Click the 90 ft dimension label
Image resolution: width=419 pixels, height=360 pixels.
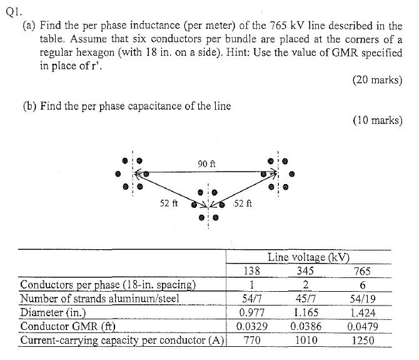pos(206,163)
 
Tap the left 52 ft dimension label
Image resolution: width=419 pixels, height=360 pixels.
pos(169,203)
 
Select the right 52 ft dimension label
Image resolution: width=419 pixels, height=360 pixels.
pos(243,203)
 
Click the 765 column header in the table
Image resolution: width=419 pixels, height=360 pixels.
pos(362,271)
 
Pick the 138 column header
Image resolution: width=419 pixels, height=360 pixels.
pos(252,271)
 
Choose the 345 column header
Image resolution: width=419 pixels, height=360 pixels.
pos(305,271)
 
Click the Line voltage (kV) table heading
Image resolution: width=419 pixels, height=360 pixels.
pos(309,257)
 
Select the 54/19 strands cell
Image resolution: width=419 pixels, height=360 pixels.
pos(363,299)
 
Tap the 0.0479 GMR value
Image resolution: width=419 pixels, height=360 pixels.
pos(363,327)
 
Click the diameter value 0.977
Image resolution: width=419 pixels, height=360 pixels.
pos(252,312)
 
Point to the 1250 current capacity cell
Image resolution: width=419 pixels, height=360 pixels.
pos(363,341)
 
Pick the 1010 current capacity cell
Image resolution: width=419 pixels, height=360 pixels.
pos(306,340)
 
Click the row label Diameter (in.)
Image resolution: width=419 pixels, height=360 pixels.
pos(53,312)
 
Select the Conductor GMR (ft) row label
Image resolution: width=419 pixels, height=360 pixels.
pos(68,326)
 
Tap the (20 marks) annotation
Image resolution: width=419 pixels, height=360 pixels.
pos(377,80)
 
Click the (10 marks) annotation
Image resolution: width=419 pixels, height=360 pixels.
pos(378,120)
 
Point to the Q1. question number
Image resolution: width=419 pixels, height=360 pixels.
pos(14,12)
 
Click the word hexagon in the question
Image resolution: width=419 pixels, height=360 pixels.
pos(96,52)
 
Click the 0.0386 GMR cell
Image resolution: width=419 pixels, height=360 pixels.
pos(306,326)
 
